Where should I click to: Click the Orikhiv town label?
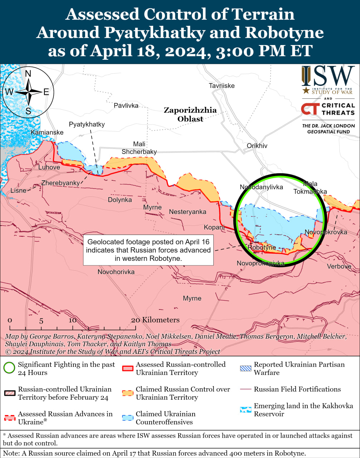(x=257, y=146)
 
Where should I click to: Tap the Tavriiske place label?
(x=222, y=86)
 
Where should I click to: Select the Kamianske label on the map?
(x=47, y=132)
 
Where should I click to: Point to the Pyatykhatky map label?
(x=87, y=124)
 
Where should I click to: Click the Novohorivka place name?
(x=116, y=272)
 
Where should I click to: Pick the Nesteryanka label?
(x=188, y=212)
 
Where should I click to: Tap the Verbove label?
(x=339, y=266)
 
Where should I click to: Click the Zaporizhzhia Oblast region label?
(x=190, y=114)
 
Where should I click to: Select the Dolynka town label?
(x=120, y=200)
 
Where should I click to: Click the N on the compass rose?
(x=28, y=74)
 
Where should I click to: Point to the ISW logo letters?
(x=327, y=77)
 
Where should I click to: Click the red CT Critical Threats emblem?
(x=309, y=109)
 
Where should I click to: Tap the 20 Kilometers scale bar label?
(x=155, y=320)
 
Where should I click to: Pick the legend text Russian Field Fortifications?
(x=297, y=389)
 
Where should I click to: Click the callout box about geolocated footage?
(x=148, y=250)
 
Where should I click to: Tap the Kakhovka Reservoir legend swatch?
(x=245, y=410)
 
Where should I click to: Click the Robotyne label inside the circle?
(x=262, y=247)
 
